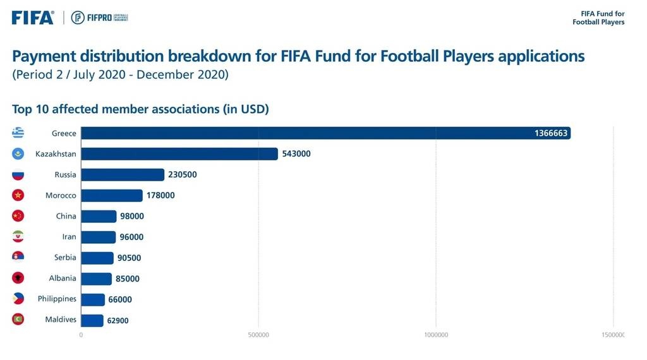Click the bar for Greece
[x=325, y=133]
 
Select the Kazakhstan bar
[x=179, y=154]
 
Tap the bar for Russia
[x=123, y=175]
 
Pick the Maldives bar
[x=92, y=320]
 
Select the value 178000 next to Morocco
[x=160, y=196]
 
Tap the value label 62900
[x=118, y=321]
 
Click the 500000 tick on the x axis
[x=258, y=335]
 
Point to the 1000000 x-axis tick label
[x=436, y=335]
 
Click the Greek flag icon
[x=18, y=133]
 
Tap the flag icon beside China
[x=18, y=216]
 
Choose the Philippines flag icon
[x=18, y=299]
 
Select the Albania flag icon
[x=18, y=278]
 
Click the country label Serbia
[x=65, y=258]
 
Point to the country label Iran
[x=69, y=237]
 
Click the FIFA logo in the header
[x=33, y=18]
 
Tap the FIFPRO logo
[x=100, y=18]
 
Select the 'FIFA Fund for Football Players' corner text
[x=598, y=18]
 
